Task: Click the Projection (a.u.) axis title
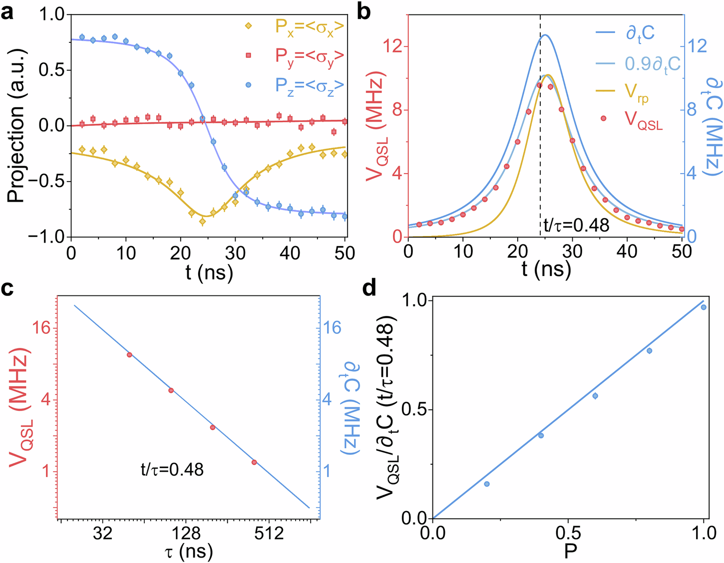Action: (x=16, y=125)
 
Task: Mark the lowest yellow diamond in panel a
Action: (x=202, y=221)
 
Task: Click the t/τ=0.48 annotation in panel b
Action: (x=576, y=226)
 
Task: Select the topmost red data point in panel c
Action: (x=129, y=354)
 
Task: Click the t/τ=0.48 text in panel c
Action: (x=171, y=470)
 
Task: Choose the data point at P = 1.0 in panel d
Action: (x=704, y=307)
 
